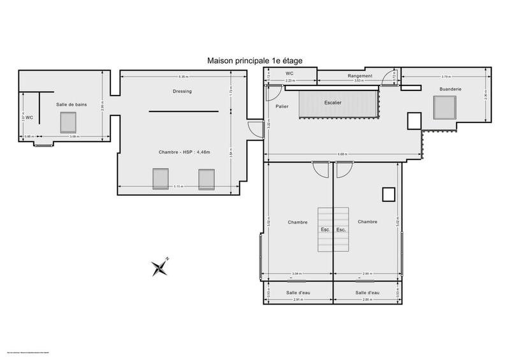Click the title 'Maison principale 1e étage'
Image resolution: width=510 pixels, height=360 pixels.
254,61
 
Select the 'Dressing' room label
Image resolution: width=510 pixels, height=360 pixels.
183,91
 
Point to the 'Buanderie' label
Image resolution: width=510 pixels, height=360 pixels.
450,89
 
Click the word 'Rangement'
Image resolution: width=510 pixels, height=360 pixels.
360,76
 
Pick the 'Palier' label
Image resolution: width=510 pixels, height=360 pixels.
283,106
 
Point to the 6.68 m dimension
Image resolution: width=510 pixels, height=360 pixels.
343,155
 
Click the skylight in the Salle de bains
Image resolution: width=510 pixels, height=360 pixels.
68,121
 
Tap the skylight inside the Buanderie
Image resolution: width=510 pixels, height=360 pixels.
444,108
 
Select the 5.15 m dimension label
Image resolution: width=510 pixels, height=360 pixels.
178,187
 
